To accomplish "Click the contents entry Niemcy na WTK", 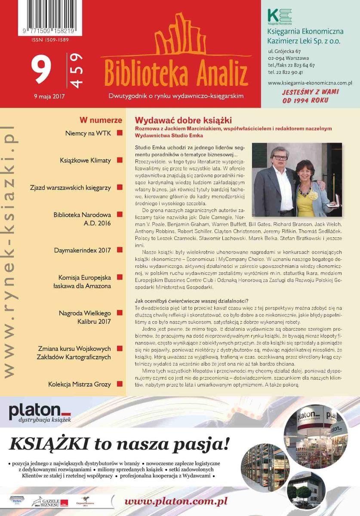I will tap(88, 133).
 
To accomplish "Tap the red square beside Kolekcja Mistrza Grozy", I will tap(120, 384).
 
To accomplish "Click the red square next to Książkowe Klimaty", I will tap(120, 160).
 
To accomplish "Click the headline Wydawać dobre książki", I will tap(183, 120).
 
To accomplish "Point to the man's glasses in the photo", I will tap(280, 158).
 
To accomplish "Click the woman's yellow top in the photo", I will tap(306, 202).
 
